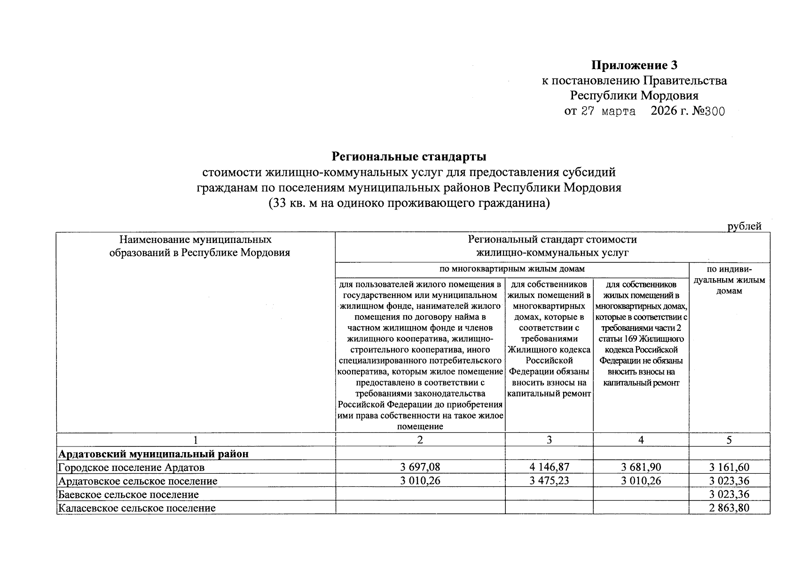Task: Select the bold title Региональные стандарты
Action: (409, 156)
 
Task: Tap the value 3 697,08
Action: (420, 467)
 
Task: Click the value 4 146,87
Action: (549, 467)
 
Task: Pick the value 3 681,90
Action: (641, 467)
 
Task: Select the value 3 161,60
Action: (729, 467)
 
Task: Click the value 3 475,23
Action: (549, 481)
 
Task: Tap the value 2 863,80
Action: (729, 508)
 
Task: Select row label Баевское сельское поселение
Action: (128, 494)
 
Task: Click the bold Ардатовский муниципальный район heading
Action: (153, 454)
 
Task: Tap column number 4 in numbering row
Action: (641, 440)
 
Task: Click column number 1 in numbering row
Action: (196, 440)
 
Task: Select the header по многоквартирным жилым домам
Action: (512, 269)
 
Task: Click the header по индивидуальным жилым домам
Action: (729, 280)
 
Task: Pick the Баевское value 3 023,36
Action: (729, 494)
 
